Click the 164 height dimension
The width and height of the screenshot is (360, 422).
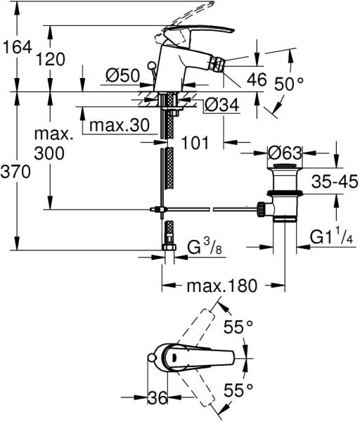(17, 47)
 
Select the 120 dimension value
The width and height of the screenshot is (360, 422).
(51, 59)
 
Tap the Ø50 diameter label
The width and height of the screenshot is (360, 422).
(123, 75)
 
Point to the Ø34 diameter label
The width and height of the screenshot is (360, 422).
(221, 105)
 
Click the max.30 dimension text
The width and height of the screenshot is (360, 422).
(120, 125)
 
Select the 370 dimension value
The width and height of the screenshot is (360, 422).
(15, 172)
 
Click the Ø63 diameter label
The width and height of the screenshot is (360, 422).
(285, 153)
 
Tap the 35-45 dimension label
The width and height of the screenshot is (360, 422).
(335, 181)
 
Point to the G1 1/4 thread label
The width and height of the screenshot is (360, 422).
(331, 237)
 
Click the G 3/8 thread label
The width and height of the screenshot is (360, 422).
(205, 247)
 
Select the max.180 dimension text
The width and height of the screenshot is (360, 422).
(222, 286)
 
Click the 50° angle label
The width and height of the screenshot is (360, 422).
(289, 84)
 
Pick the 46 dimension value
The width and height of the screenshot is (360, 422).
(257, 79)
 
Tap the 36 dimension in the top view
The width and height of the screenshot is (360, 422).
(157, 397)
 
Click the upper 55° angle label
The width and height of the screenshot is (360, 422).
(238, 327)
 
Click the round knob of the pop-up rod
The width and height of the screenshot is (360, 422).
(152, 65)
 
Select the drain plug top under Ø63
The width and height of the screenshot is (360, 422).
(285, 166)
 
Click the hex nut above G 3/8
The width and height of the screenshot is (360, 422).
(169, 247)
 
